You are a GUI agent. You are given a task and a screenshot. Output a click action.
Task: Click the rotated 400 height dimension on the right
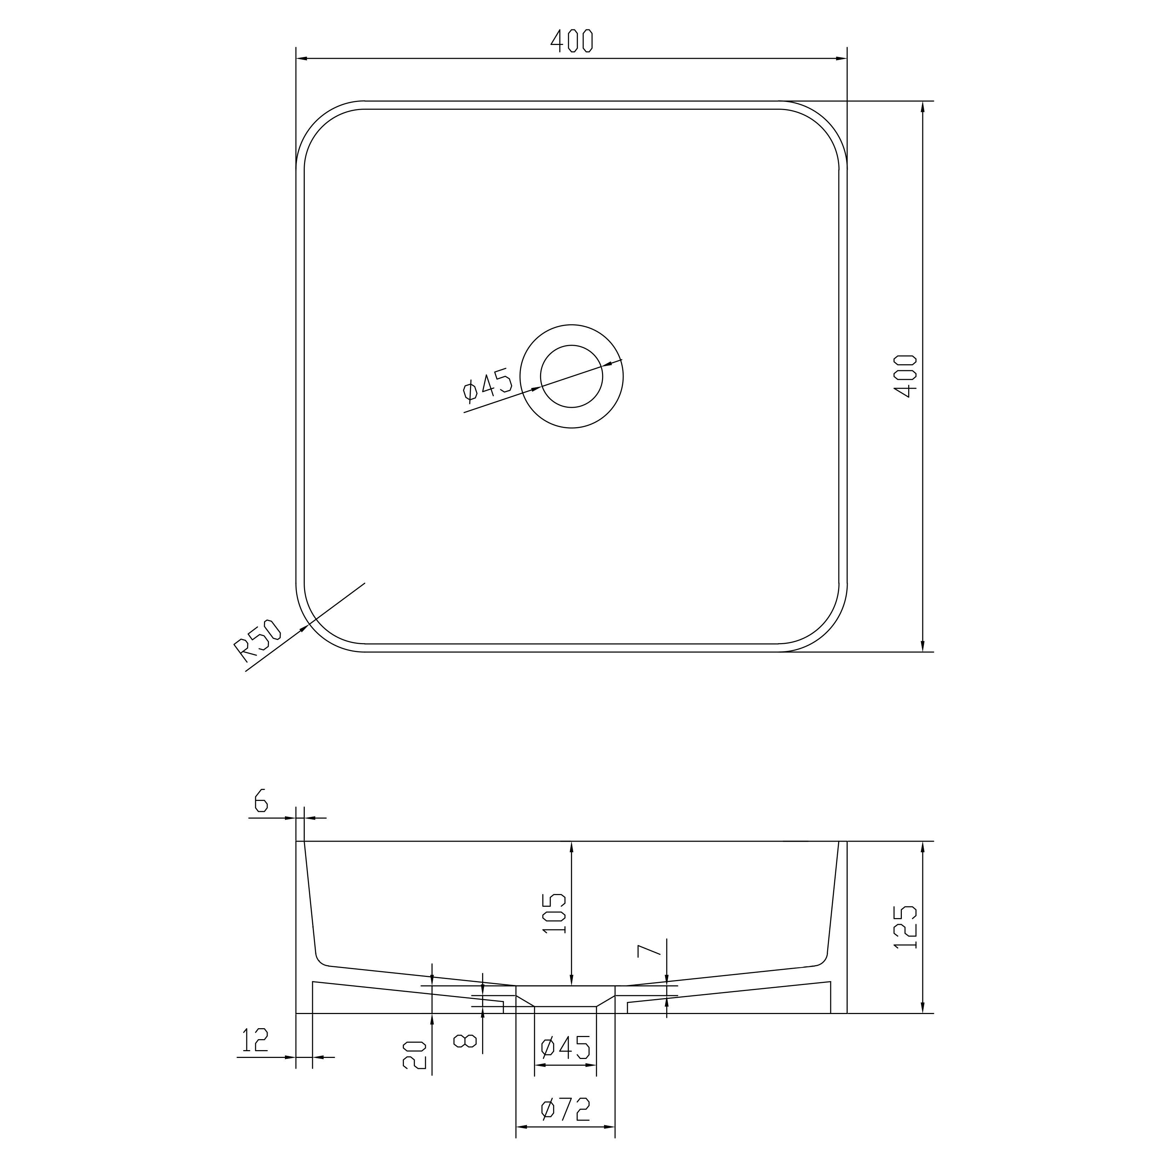click(905, 376)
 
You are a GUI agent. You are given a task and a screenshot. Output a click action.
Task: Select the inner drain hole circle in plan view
click(571, 376)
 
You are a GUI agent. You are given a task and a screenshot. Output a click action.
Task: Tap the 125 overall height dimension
click(905, 926)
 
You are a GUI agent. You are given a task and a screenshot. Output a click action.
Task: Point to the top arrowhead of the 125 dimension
click(923, 848)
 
